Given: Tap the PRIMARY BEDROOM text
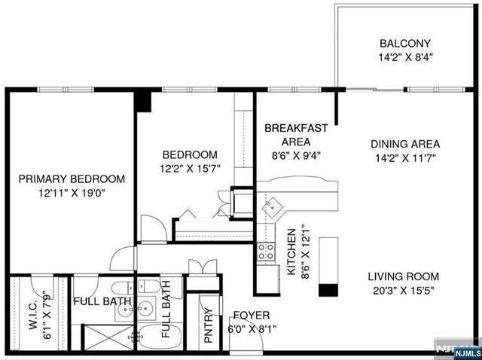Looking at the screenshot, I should pos(72,179).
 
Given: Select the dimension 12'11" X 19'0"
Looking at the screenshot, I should pos(72,193).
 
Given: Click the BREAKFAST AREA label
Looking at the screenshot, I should pos(295,134).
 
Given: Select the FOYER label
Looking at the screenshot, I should pos(252,315).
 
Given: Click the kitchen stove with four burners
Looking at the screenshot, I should pos(266,252).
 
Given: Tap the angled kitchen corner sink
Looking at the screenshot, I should pos(273,206).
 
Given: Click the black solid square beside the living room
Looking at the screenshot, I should pos(328,290).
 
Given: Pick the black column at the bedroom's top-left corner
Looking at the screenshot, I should pos(143,101).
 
